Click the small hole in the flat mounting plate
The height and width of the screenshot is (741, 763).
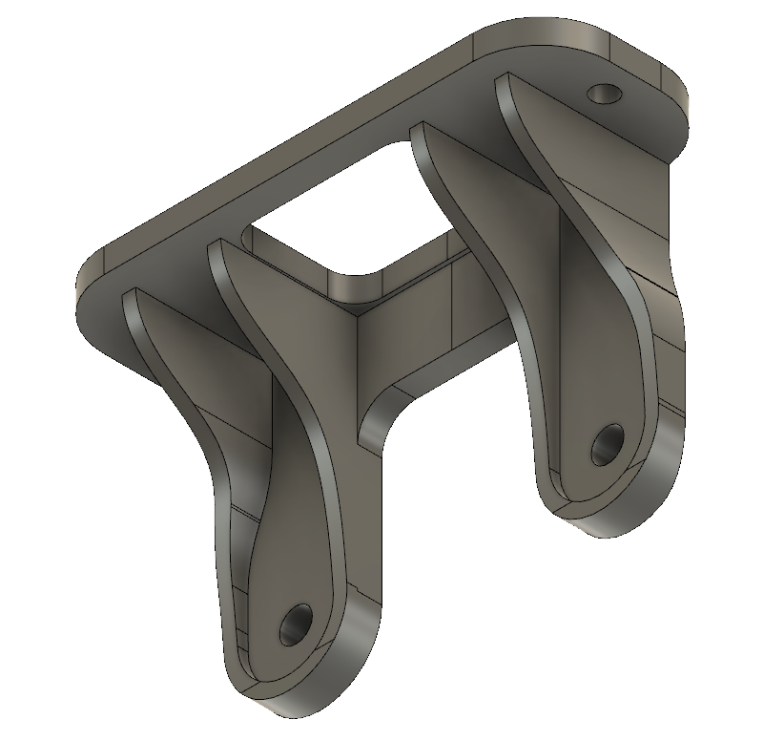click(x=604, y=94)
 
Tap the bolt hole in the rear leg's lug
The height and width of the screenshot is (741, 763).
click(x=607, y=445)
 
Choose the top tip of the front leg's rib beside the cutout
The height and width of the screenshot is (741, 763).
click(x=217, y=246)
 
